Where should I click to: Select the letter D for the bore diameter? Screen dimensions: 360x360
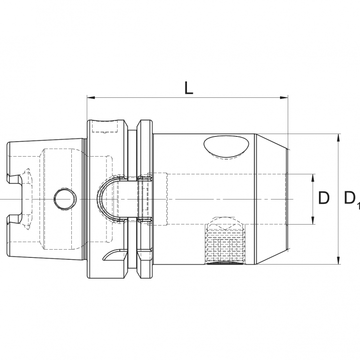[324, 198]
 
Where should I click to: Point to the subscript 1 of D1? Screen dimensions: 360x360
[358, 206]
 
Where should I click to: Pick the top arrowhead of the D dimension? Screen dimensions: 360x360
[313, 177]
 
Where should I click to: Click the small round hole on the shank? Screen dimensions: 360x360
[64, 199]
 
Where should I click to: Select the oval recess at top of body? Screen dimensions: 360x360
[226, 147]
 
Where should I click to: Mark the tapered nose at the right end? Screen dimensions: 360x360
[271, 199]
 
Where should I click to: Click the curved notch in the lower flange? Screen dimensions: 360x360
[115, 254]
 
